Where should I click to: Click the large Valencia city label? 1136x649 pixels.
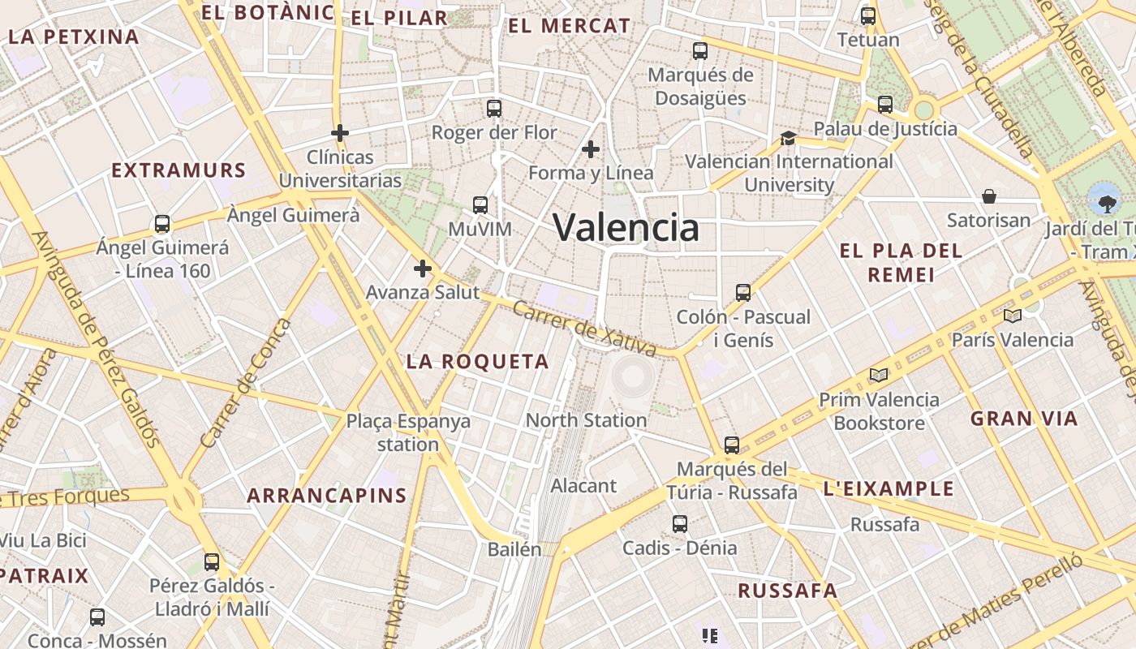[x=626, y=227]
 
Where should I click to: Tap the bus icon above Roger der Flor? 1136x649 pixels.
[x=494, y=108]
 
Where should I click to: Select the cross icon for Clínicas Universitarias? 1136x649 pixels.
[x=340, y=132]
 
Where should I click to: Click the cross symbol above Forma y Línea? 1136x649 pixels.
[x=591, y=148]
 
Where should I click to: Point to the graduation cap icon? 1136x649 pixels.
[x=788, y=138]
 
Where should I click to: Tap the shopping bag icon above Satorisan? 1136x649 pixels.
[x=989, y=196]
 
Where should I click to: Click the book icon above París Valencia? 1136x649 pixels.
[x=1012, y=316]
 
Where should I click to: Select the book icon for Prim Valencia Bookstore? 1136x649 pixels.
[x=878, y=375]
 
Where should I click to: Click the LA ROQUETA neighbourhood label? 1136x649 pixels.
[x=477, y=362]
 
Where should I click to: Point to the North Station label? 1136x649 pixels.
[x=586, y=420]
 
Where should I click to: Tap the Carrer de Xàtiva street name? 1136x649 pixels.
[x=584, y=329]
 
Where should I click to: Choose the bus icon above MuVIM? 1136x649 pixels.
[x=480, y=205]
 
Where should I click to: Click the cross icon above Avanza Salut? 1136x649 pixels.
[x=423, y=269]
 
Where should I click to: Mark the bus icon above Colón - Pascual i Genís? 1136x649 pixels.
[x=743, y=293]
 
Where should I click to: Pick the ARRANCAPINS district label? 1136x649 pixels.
[x=326, y=496]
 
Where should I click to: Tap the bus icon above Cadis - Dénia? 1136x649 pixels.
[x=680, y=524]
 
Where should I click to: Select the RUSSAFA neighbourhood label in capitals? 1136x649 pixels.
[x=787, y=591]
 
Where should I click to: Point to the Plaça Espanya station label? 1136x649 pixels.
[x=408, y=432]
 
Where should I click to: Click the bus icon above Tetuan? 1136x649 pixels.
[x=868, y=15]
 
